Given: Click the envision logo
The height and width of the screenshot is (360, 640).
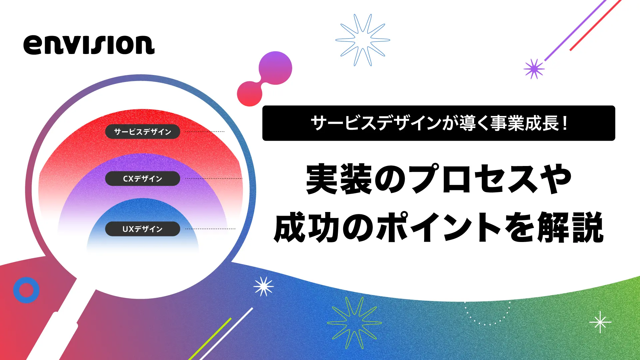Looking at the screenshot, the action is coord(89,45).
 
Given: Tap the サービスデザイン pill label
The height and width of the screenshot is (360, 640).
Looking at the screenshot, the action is coord(143,132).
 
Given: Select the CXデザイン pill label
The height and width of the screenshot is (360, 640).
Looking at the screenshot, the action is coord(143,179).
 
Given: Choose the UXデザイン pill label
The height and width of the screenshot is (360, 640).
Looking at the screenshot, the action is coord(143,229).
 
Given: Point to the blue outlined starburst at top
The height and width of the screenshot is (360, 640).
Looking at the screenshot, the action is coord(362,40).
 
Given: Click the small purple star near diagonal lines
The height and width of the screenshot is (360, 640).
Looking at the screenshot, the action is coord(534,69).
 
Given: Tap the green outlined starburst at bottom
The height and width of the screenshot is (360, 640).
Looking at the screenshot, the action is coord(354,323).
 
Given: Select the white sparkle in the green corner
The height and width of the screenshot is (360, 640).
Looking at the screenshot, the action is coord(600,322).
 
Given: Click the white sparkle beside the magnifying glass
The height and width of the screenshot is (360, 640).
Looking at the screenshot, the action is coord(264,287).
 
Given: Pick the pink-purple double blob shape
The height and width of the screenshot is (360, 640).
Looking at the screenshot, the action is coord(265,79).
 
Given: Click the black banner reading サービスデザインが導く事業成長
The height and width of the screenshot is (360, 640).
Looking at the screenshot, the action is coord(438,123).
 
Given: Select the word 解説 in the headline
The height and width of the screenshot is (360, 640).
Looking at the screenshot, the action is coord(570,227).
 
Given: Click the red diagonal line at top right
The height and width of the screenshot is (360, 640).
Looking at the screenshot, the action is coord(596,25).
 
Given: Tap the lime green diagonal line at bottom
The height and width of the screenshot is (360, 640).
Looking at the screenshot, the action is coord(210,339).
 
